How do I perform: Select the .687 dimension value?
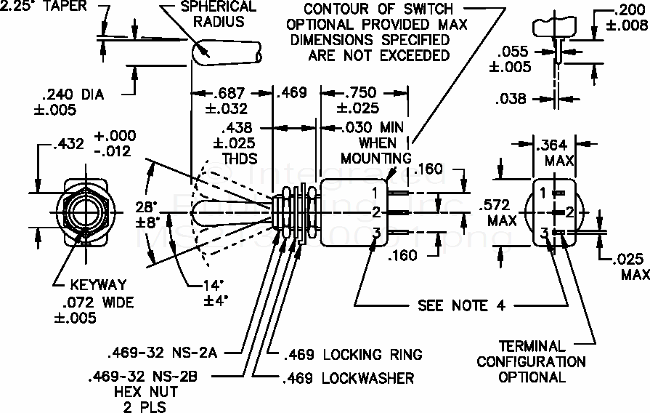(230, 93)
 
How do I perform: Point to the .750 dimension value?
(358, 93)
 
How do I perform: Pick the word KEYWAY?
(97, 284)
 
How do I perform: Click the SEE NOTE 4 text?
(461, 305)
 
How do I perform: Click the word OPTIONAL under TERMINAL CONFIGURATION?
(532, 377)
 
